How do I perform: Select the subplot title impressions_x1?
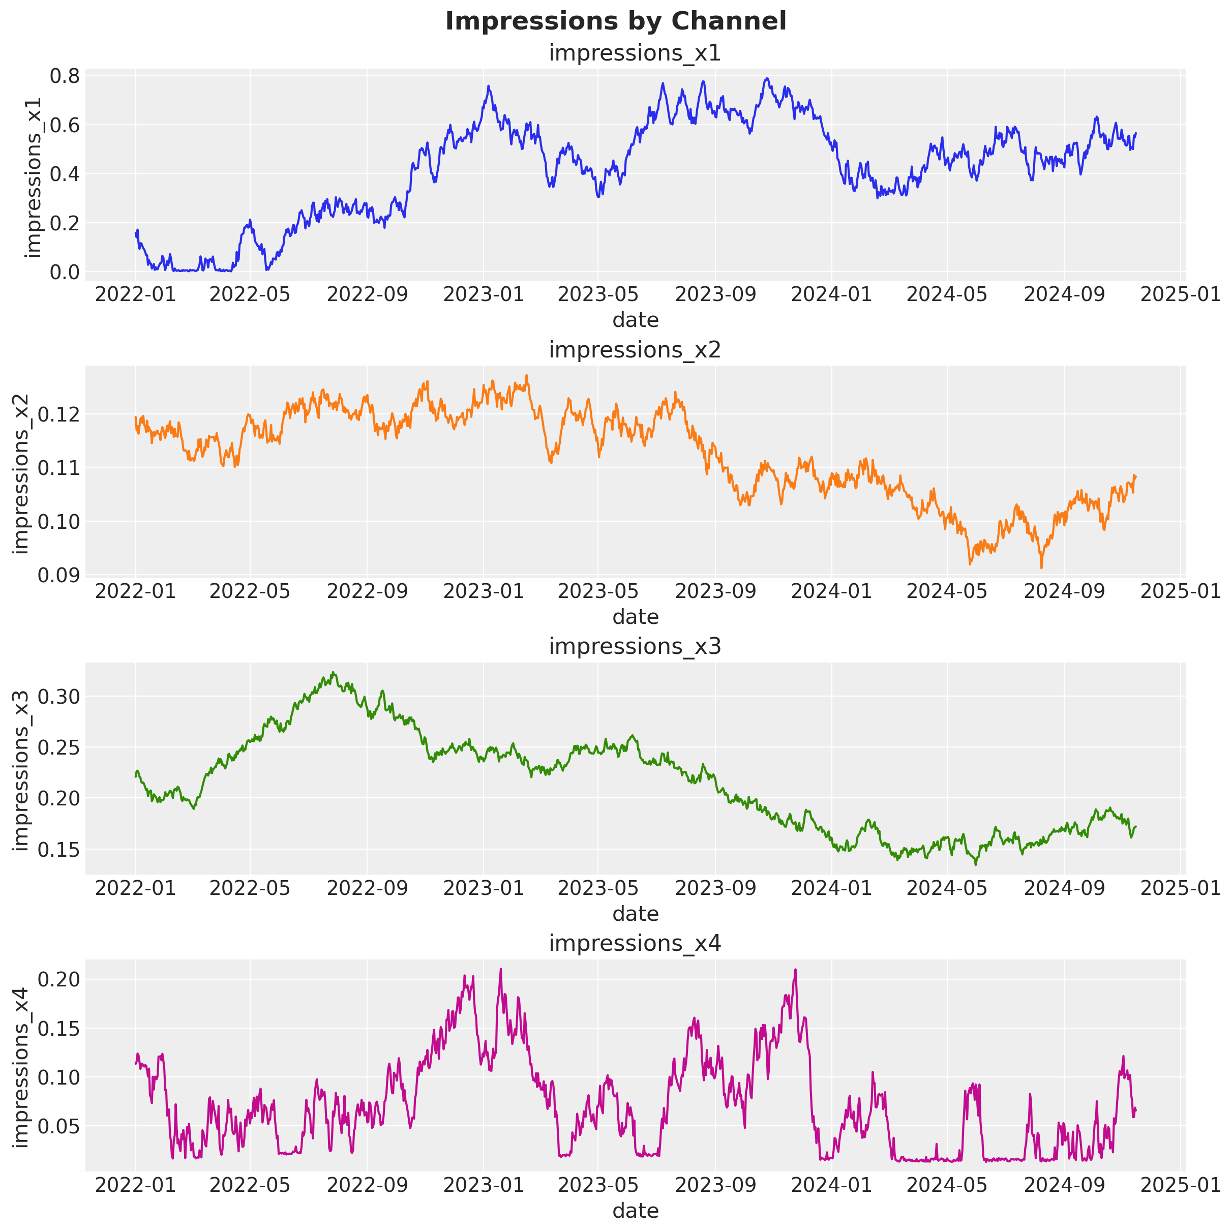point(635,53)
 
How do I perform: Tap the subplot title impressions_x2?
point(635,350)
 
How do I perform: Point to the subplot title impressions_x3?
point(635,647)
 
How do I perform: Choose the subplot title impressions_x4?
point(635,943)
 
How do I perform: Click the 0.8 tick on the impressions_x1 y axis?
point(65,76)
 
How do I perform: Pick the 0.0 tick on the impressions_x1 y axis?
point(65,273)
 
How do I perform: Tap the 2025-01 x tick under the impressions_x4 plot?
point(1180,1185)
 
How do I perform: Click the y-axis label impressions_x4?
point(21,1067)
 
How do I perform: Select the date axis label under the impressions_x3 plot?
point(635,914)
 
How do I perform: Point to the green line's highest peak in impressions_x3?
point(334,672)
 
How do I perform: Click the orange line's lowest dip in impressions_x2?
point(1041,567)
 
